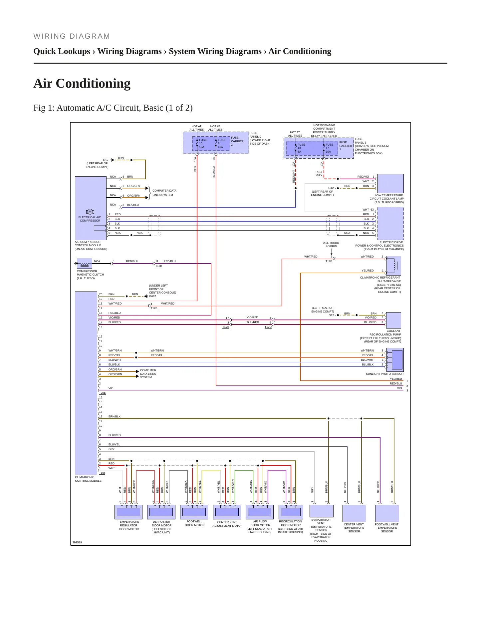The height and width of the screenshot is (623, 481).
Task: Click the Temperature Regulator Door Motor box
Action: coord(128,512)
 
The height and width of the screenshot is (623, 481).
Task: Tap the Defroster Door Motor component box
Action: coord(161,512)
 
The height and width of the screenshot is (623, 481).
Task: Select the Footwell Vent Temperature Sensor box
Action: coord(387,513)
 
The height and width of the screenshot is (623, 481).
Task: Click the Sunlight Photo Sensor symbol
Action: coord(395,360)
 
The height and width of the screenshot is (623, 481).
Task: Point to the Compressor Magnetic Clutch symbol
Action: coord(84,263)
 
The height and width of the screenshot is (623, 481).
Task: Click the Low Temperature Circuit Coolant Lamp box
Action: coord(390,184)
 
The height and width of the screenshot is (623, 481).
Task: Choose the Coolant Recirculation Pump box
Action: coord(393,320)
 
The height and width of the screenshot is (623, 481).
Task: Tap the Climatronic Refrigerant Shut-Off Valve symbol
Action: coord(393,266)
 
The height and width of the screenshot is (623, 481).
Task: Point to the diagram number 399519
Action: coord(77,542)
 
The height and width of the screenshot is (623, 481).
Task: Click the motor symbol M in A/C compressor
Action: coord(90,212)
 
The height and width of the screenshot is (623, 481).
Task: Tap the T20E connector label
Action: coord(102,393)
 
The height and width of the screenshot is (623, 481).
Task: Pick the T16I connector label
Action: coord(102,473)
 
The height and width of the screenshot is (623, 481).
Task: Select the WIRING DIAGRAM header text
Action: coord(72,36)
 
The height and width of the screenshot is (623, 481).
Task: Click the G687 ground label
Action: coord(152,296)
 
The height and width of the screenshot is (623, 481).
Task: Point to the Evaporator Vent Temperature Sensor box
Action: coord(321,511)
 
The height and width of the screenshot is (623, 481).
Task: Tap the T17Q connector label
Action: coord(268,327)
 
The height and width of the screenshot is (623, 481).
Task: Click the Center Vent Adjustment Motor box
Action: coord(227,512)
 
